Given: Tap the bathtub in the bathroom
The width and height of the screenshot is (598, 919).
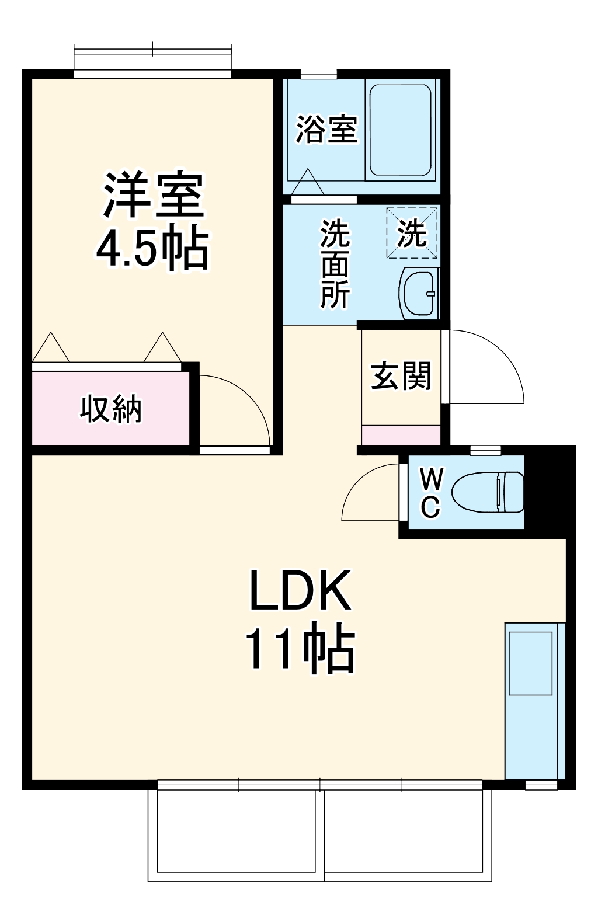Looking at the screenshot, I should [401, 130].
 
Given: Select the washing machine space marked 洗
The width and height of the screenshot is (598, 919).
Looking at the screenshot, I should [412, 233].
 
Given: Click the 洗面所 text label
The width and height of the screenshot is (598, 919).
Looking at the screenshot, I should [335, 264].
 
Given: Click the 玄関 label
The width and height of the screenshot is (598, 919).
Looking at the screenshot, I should [401, 376].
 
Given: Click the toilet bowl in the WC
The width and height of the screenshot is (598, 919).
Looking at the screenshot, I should [488, 492].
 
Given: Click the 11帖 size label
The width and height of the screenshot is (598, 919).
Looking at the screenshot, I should [300, 649].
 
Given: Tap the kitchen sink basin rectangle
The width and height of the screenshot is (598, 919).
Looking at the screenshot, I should [530, 663].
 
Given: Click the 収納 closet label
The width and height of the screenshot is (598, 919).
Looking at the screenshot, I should [111, 409].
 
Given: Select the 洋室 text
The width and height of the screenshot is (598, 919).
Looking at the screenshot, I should [153, 195].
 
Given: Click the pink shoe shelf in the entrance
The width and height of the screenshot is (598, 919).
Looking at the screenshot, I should [401, 436].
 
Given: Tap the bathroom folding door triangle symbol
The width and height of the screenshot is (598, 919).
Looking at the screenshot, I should [307, 182].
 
